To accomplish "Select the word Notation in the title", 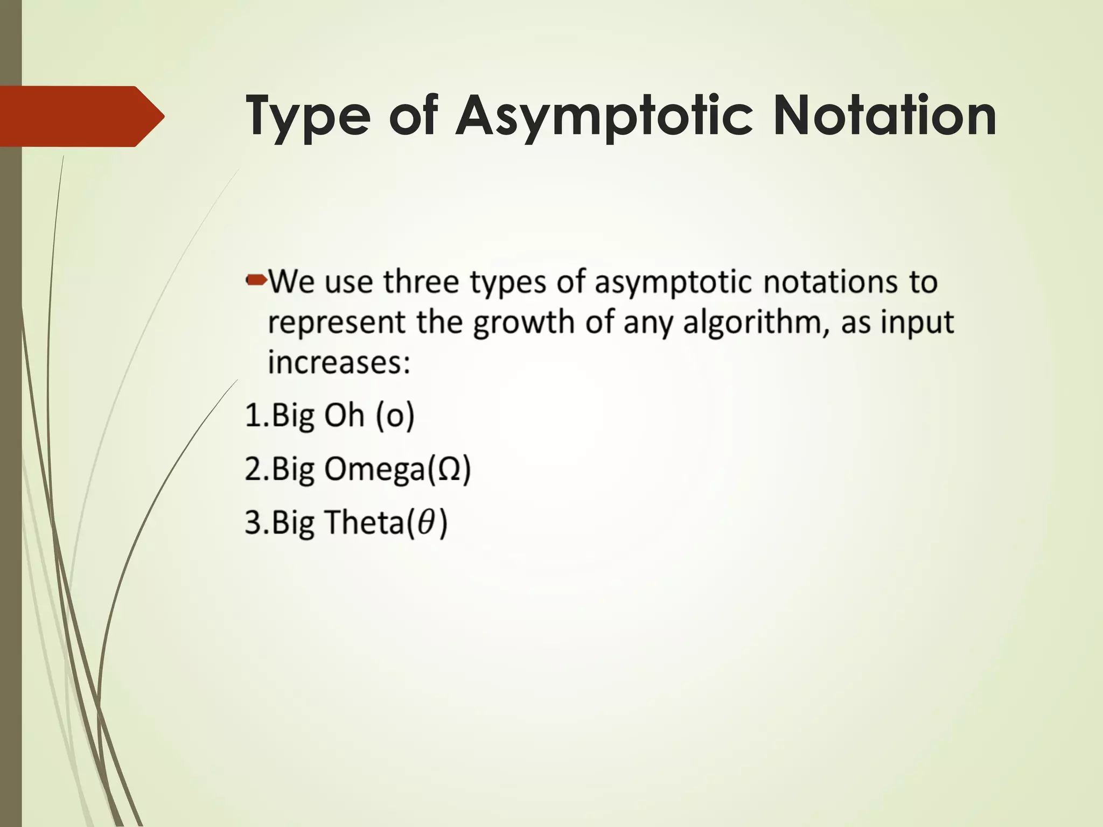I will [884, 115].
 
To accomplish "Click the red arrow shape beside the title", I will [81, 116].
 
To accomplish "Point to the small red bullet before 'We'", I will [256, 279].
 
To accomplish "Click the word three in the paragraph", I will [421, 282].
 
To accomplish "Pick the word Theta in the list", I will [364, 522].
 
